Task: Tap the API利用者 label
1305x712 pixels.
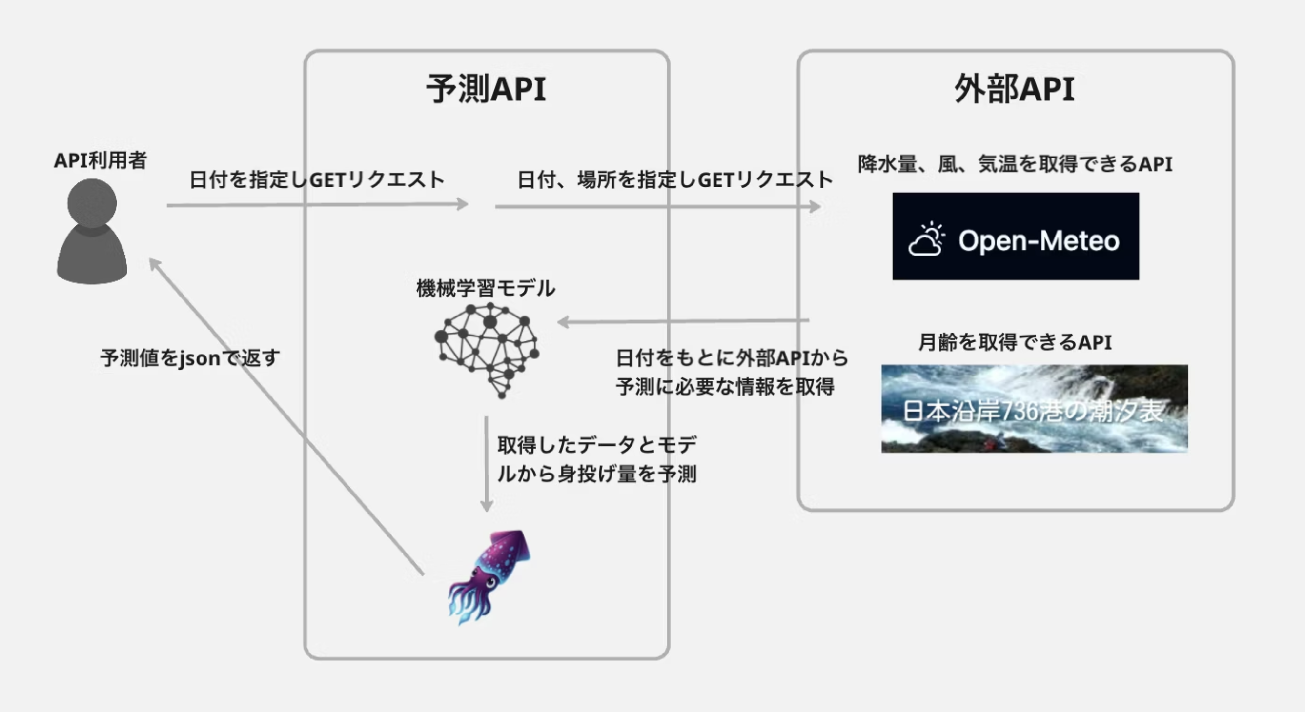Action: [101, 160]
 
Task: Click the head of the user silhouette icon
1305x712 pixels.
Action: [92, 203]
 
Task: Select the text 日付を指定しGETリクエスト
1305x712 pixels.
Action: [317, 180]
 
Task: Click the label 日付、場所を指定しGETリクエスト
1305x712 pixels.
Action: [675, 180]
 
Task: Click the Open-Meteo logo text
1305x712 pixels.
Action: [1039, 240]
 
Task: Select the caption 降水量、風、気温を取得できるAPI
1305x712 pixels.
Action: [1015, 164]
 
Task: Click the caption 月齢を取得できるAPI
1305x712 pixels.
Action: [1015, 342]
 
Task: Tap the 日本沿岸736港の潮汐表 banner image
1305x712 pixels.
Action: [1034, 409]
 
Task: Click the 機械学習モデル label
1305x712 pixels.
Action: [485, 288]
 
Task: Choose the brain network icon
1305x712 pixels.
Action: [487, 350]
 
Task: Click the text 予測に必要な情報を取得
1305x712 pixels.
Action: [724, 387]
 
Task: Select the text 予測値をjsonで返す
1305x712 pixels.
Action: [190, 358]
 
